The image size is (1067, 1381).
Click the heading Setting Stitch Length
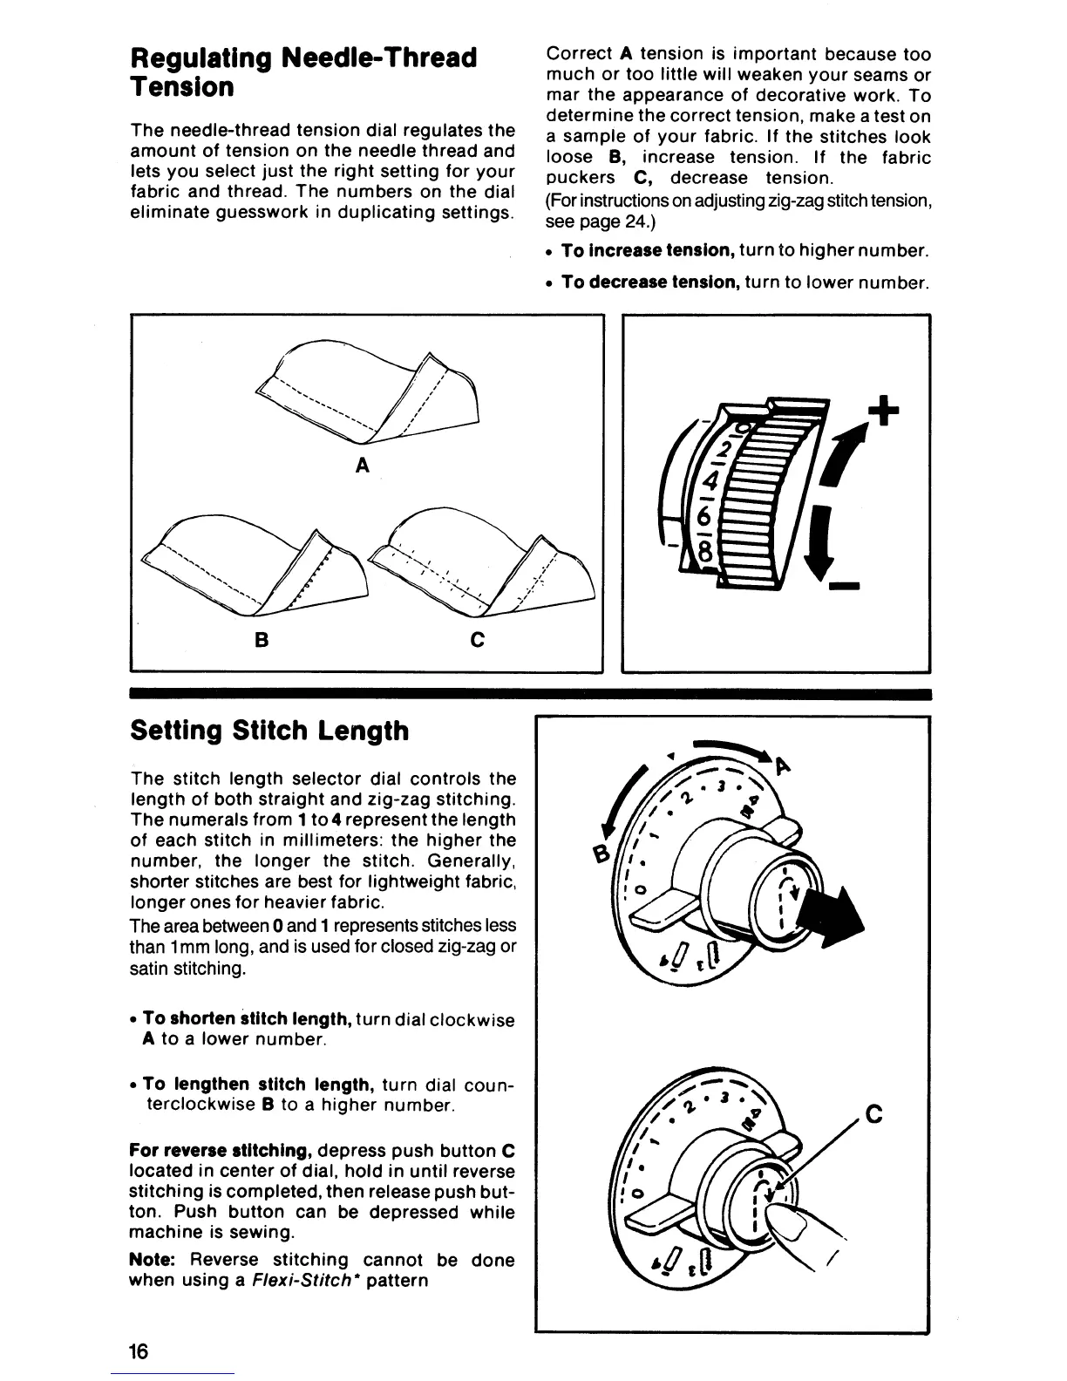268,731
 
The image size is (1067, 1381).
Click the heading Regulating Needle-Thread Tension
303,72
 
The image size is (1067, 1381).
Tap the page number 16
139,1351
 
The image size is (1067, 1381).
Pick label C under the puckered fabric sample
477,640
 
